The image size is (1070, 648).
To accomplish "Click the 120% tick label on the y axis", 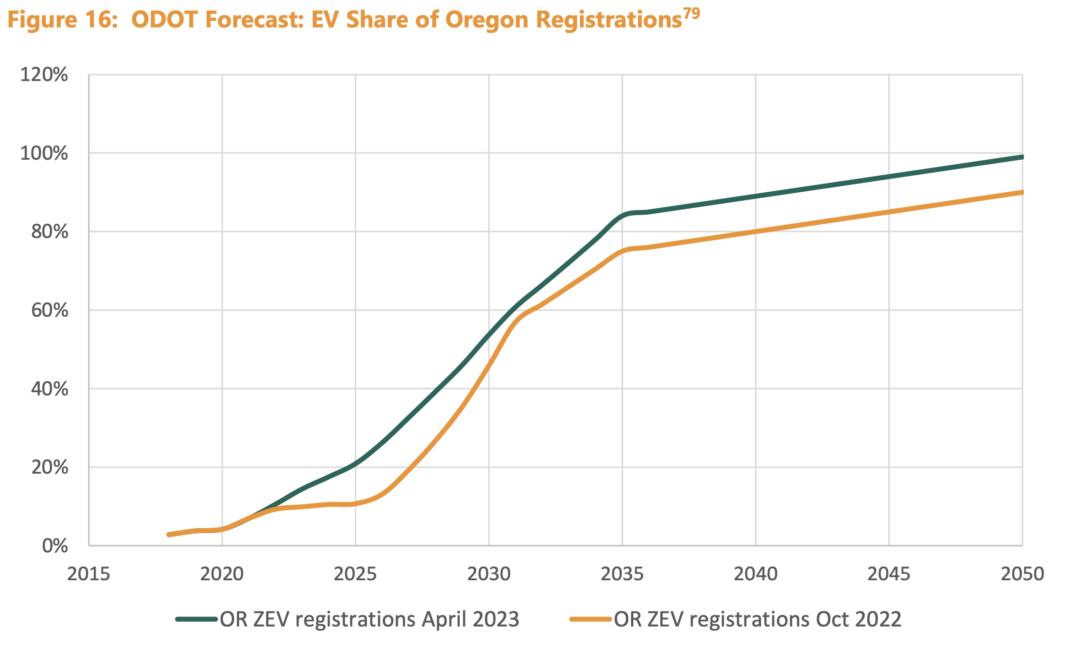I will [x=44, y=75].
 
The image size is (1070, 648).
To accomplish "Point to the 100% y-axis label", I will [x=44, y=154].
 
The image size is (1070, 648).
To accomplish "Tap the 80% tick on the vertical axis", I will [x=49, y=232].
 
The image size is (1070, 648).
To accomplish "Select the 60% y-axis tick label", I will [x=49, y=311].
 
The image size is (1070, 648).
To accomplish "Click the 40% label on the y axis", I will [x=49, y=389].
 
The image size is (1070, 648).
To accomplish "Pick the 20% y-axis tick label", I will [x=49, y=468].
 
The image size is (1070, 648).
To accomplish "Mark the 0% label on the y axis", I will [x=55, y=546].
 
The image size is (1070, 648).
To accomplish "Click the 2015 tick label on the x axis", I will [x=89, y=574].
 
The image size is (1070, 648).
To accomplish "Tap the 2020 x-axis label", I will [x=222, y=574].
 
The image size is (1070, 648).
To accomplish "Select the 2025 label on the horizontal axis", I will [x=355, y=574].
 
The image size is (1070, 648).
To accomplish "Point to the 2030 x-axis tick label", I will [x=489, y=574].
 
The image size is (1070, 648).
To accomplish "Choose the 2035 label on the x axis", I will [x=622, y=574].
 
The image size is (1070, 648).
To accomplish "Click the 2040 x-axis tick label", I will [x=755, y=574].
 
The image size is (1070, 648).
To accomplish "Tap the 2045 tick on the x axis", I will [x=889, y=574].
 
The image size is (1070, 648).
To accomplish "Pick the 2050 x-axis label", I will [x=1022, y=574].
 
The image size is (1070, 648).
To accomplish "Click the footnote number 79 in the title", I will [x=691, y=14].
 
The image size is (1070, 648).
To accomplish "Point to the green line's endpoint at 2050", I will [x=1022, y=157].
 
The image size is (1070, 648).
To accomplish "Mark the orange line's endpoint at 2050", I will [x=1022, y=192].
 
